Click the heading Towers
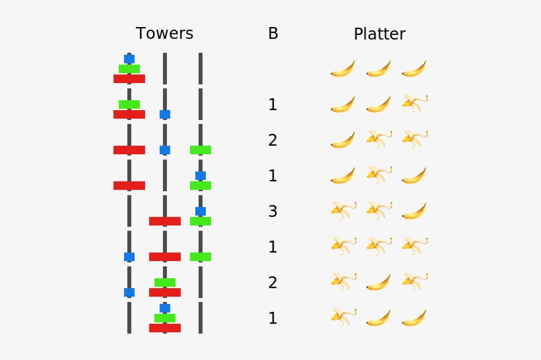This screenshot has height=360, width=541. [x=164, y=34]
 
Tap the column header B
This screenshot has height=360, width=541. [x=273, y=34]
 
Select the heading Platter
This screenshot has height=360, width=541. [x=379, y=34]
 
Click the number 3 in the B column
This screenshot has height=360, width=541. [x=273, y=212]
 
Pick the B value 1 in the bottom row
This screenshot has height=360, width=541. [x=273, y=318]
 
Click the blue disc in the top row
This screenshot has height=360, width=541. [x=129, y=59]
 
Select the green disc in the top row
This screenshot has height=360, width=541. [x=129, y=69]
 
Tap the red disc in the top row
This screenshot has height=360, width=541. [x=129, y=78]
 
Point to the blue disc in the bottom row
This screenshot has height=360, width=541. [x=165, y=308]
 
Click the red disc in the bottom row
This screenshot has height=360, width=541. [x=165, y=328]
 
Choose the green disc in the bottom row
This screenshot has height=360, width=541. [x=165, y=318]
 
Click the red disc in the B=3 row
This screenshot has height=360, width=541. [x=165, y=221]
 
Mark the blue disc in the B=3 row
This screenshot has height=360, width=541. [x=201, y=211]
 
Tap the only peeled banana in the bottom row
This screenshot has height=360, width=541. [x=343, y=318]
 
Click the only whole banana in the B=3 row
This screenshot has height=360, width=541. [x=414, y=211]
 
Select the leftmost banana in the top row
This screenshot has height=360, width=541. [x=343, y=69]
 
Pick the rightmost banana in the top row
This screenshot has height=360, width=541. [x=414, y=69]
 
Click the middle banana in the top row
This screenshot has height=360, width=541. [x=379, y=69]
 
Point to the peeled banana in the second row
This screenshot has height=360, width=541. [x=414, y=104]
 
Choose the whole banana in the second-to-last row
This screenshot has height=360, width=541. [x=379, y=282]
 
